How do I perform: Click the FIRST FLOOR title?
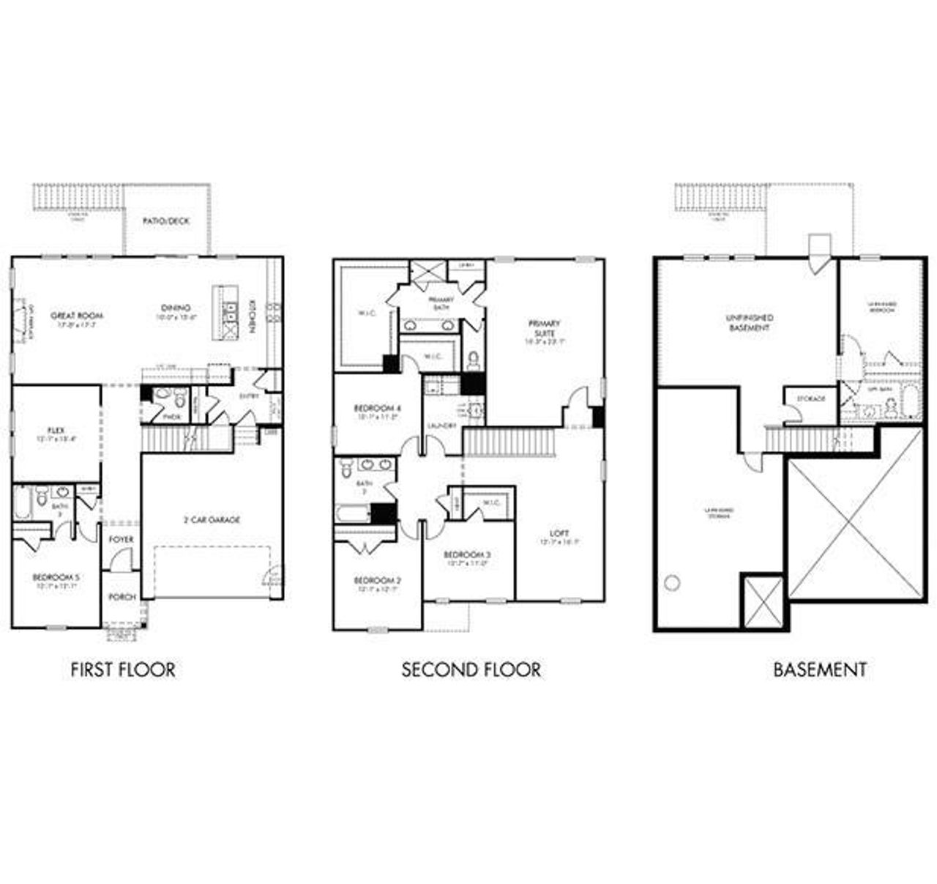123,669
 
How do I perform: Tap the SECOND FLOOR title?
471,669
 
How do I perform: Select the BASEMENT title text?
820,669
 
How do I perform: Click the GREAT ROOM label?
77,316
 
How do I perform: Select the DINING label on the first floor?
176,308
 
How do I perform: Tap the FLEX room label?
56,431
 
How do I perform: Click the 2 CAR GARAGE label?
212,520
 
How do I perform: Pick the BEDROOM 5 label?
56,578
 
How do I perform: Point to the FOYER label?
122,540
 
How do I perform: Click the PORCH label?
122,597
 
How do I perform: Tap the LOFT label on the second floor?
560,533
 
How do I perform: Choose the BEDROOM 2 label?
377,581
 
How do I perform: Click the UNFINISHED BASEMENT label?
750,323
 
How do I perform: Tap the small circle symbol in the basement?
672,583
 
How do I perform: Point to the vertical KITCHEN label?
253,316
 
